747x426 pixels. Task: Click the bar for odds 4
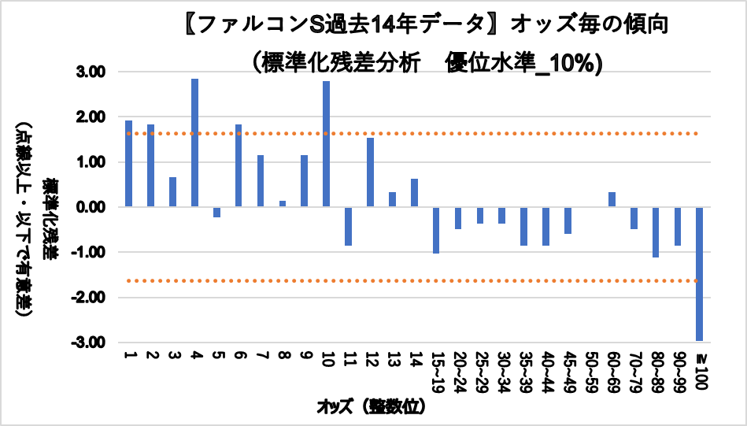[194, 143]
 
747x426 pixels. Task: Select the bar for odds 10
[326, 144]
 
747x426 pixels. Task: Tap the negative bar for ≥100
[699, 274]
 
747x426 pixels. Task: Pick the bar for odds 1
[128, 164]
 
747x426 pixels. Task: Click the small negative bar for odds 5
[216, 212]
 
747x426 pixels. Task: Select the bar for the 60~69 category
[612, 199]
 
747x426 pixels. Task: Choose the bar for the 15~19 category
[436, 230]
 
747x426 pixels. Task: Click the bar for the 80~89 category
[655, 232]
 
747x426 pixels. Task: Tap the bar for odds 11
[348, 226]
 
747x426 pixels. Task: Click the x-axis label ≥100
[699, 370]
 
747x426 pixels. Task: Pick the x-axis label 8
[283, 355]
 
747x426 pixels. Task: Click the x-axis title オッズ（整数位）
[371, 407]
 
